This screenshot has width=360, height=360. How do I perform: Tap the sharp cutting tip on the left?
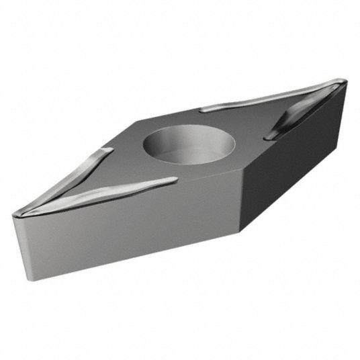15,214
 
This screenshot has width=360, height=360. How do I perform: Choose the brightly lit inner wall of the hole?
201,151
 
